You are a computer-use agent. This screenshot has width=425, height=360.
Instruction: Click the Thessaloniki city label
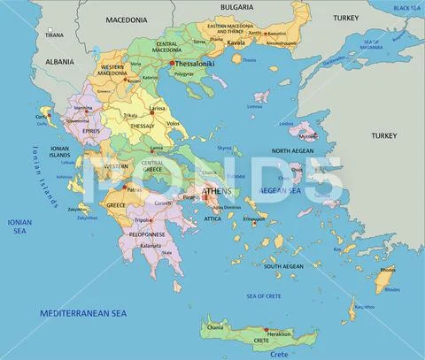tap(197, 65)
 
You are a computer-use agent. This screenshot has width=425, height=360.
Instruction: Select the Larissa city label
tap(157, 109)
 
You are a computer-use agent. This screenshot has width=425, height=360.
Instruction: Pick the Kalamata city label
tap(151, 245)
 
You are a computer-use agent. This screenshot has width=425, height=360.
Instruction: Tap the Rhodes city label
tap(389, 269)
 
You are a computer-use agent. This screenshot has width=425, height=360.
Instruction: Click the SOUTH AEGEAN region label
tap(282, 265)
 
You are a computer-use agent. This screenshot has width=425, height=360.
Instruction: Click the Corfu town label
tap(41, 116)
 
